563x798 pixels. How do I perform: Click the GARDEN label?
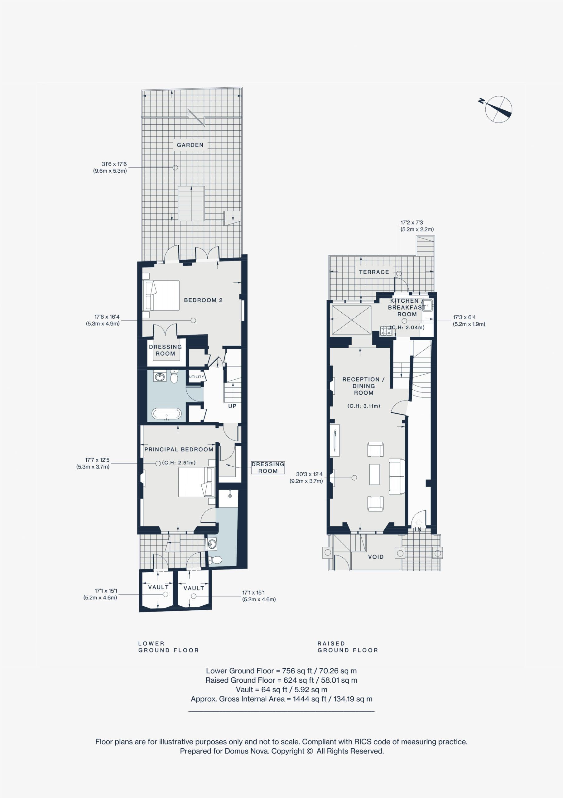[190, 145]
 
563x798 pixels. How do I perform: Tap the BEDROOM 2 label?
[203, 300]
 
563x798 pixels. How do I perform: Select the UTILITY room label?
[196, 377]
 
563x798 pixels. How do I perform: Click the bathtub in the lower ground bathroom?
[166, 414]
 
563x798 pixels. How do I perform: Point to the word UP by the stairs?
[232, 406]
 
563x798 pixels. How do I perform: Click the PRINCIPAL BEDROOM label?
[179, 449]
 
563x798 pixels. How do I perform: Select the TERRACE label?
[374, 272]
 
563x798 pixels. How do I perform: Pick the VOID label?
[376, 557]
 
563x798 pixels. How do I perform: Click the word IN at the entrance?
[418, 529]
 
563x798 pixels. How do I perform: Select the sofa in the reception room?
[397, 476]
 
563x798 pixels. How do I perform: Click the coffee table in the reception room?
[374, 474]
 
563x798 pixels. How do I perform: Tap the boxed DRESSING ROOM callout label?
[268, 468]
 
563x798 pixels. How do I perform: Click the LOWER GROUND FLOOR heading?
[169, 647]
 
